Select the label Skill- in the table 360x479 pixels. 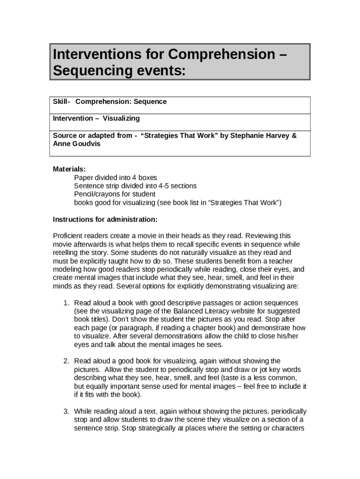pyautogui.click(x=62, y=102)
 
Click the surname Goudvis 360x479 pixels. pyautogui.click(x=86, y=144)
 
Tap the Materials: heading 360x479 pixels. pyautogui.click(x=69, y=169)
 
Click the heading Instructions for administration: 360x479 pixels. pyautogui.click(x=105, y=219)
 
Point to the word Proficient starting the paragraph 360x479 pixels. pyautogui.click(x=68, y=236)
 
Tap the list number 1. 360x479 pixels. pyautogui.click(x=66, y=303)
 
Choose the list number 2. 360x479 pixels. pyautogui.click(x=66, y=361)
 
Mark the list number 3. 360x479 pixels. pyautogui.click(x=66, y=411)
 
